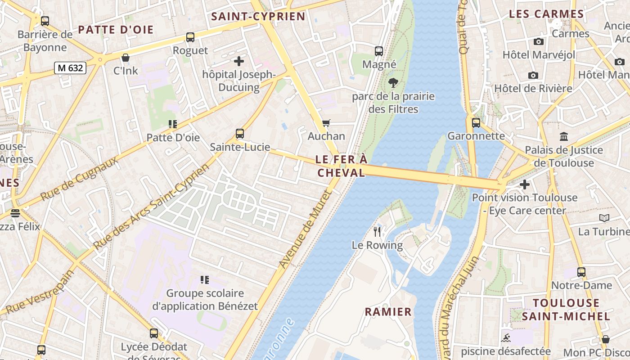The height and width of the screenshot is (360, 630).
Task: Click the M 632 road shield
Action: point(70,68)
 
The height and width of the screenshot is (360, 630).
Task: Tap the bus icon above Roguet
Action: point(190,37)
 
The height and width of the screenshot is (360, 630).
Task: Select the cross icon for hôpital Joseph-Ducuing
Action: point(239,61)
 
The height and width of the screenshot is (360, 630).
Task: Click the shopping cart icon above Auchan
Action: point(326,123)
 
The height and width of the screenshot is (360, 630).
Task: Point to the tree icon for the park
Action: point(393,83)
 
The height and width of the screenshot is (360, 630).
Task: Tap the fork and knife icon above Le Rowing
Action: point(377,232)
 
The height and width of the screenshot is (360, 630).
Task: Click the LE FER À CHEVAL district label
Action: point(341,166)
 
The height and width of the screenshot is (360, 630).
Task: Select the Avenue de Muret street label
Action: point(305,229)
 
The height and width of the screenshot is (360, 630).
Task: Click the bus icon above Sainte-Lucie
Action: point(240,134)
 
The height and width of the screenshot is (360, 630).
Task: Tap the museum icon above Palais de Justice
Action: point(563,136)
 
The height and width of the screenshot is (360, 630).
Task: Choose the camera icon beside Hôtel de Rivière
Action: point(533,75)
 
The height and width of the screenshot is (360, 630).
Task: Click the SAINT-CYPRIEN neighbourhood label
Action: point(258,17)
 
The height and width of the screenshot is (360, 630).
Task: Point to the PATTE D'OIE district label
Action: point(116,30)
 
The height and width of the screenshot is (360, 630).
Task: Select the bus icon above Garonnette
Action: point(476,122)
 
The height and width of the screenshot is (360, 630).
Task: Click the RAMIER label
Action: point(388,312)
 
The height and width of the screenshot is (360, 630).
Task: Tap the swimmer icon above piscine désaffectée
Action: point(505,338)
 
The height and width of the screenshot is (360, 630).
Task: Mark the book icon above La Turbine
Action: point(604,218)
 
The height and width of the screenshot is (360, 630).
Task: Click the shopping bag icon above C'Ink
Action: point(126,58)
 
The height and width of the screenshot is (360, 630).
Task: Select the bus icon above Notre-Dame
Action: point(581,272)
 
